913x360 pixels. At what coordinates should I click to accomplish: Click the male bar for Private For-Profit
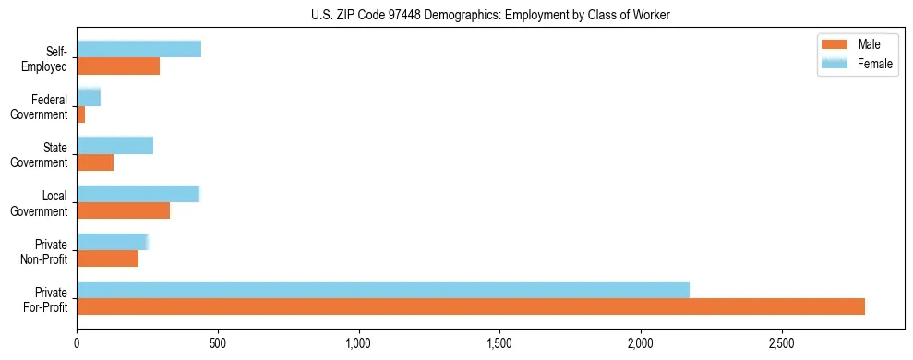(471, 306)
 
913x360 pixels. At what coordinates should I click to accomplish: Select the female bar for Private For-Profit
(383, 290)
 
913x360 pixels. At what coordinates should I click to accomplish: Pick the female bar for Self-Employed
(138, 50)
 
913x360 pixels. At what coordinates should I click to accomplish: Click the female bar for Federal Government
(89, 97)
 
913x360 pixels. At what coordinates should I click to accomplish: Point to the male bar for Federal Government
(81, 114)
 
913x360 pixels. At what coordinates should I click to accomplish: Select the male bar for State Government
(95, 162)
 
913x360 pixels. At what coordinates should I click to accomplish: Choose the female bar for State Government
(115, 145)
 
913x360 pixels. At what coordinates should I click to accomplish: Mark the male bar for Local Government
(123, 210)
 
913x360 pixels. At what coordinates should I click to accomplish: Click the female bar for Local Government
(138, 194)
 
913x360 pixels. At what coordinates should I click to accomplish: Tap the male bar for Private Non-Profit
(108, 258)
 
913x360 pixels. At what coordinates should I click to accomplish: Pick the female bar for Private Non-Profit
(113, 242)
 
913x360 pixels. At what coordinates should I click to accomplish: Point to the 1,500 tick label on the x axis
(499, 342)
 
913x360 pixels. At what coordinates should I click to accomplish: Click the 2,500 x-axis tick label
(781, 342)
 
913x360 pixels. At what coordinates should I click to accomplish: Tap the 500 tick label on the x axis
(218, 342)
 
